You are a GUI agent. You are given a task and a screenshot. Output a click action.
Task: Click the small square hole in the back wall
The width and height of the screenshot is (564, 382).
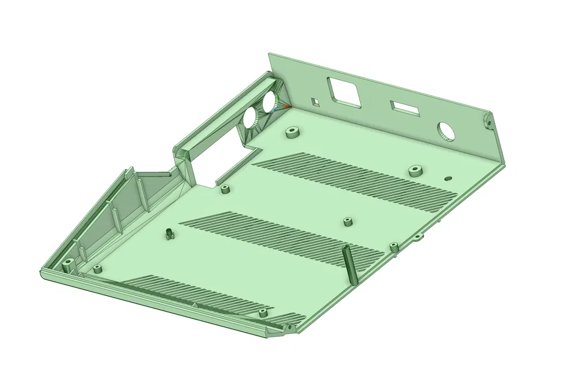(x=315, y=100)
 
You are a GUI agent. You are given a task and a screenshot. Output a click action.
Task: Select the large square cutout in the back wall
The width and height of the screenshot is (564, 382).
(x=344, y=92)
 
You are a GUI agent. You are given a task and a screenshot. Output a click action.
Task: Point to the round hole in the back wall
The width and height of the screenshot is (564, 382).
(x=445, y=130)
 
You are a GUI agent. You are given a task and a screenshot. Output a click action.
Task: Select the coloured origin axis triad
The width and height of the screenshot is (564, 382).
(x=285, y=106)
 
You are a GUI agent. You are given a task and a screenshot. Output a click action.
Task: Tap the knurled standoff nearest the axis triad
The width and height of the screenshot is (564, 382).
(x=292, y=133)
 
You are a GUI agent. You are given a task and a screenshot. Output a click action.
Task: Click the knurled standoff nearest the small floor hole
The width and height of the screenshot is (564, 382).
(x=416, y=170)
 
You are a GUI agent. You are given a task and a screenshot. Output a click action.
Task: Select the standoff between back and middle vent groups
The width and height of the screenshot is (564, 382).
(x=348, y=221)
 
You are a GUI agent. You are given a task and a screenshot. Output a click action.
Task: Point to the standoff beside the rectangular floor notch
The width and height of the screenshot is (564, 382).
(x=225, y=188)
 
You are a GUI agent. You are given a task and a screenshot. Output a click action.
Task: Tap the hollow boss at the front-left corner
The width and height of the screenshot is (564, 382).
(x=67, y=265)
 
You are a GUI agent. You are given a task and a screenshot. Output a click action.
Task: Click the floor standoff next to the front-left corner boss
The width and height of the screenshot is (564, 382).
(x=97, y=268)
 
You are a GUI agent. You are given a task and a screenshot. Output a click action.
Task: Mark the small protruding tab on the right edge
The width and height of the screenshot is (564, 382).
(x=418, y=237)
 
